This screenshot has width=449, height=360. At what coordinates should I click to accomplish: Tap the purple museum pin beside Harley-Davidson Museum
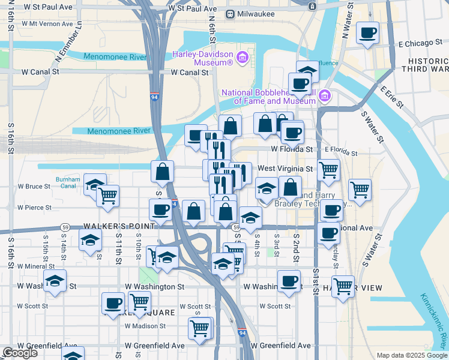tap(242, 58)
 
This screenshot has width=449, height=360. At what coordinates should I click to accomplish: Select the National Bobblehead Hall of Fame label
tap(268, 97)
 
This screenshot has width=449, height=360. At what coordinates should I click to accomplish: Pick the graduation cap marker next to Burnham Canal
tap(95, 184)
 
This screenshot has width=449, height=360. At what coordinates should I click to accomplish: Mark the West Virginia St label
tap(285, 169)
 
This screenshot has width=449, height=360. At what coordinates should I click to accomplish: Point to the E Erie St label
tap(392, 98)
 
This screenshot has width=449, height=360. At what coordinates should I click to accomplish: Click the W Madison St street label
tap(145, 326)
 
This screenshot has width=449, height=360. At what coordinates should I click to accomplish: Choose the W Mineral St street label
tap(36, 266)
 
